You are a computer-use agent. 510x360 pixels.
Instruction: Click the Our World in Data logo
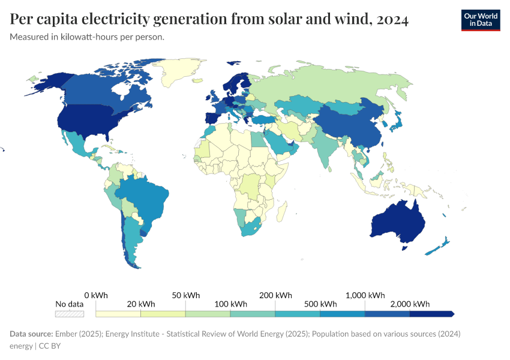click(480, 19)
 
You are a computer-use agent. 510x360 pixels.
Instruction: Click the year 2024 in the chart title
click(391, 20)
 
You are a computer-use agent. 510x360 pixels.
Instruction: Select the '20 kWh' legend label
click(141, 304)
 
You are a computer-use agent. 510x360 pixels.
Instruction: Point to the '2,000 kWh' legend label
click(410, 304)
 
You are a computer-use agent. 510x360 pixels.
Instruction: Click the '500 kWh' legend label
click(320, 304)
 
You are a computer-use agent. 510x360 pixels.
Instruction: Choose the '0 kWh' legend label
click(96, 295)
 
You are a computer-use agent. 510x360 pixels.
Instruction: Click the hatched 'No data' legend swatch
click(69, 314)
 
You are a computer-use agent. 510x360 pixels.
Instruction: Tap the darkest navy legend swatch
click(431, 314)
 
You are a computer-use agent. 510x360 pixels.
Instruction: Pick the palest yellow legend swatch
click(118, 314)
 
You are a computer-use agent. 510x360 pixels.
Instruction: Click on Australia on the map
click(398, 221)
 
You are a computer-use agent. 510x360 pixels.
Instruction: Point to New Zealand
click(438, 247)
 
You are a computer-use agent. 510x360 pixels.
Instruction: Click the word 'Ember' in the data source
click(66, 334)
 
